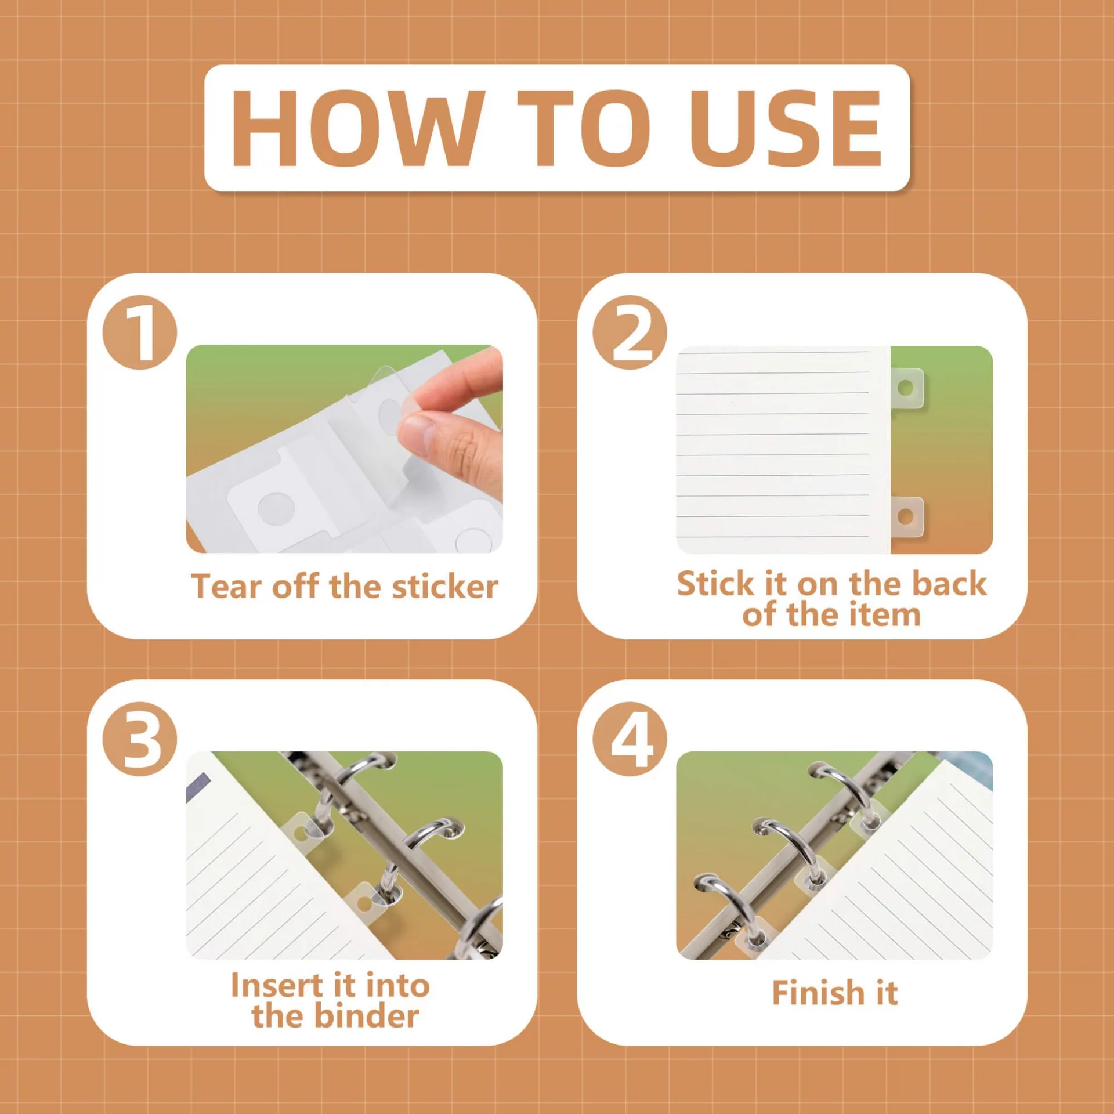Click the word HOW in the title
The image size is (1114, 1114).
(x=358, y=128)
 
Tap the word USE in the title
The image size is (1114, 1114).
(x=785, y=128)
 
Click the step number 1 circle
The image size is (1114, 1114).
(x=140, y=332)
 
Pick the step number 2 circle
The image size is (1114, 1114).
(x=630, y=332)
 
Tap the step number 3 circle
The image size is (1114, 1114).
(x=140, y=739)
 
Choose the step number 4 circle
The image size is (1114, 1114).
(x=630, y=739)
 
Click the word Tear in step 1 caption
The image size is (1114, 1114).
(x=226, y=586)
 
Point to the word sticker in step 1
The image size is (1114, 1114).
(x=445, y=586)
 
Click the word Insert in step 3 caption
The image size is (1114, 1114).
(x=277, y=985)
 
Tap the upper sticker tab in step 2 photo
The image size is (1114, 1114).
(x=907, y=388)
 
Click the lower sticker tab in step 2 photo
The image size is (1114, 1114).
(x=907, y=516)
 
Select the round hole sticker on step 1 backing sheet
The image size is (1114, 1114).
(x=276, y=508)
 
